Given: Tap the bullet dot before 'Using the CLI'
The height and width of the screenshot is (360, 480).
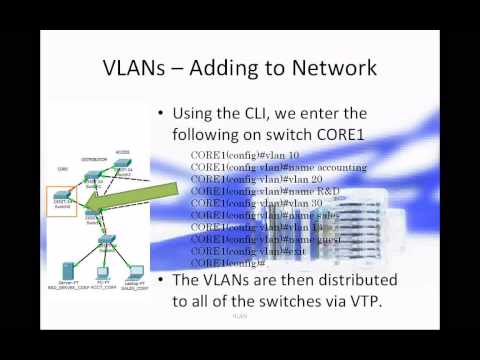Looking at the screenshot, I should pos(163,114).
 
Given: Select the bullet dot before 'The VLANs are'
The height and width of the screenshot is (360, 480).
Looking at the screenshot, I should pos(163,279).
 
